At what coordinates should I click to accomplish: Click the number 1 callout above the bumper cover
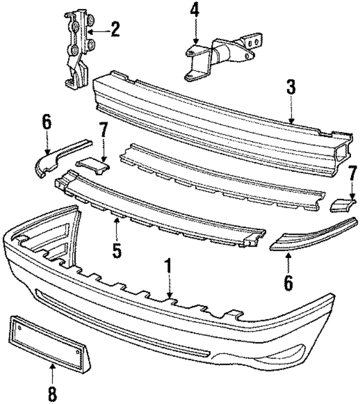tap(167, 267)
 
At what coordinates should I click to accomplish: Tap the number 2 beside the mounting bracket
tap(115, 29)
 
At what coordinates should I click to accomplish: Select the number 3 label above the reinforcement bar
tap(291, 87)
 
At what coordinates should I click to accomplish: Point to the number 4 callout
tap(194, 11)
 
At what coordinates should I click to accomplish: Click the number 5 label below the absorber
tap(116, 250)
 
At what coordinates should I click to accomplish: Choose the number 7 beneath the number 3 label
tap(352, 173)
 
